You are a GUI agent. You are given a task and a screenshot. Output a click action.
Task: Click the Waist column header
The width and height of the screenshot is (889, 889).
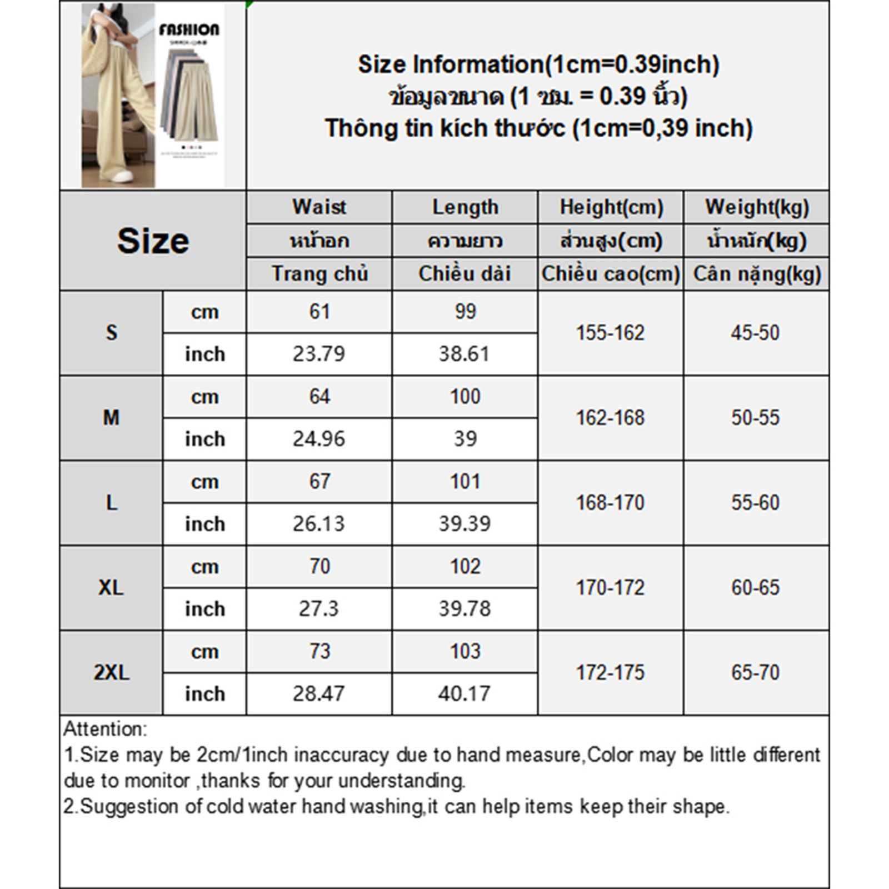tap(319, 207)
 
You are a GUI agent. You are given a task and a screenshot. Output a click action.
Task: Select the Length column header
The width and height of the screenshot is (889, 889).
tap(465, 207)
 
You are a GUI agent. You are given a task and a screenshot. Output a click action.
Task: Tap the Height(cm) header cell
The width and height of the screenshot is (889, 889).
tap(611, 207)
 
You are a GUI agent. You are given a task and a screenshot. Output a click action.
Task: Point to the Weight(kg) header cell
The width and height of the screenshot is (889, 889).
tap(757, 207)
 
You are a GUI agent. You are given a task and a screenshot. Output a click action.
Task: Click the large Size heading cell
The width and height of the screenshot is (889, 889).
tap(153, 241)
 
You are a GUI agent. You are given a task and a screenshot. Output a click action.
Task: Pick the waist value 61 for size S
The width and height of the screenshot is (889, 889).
tap(319, 312)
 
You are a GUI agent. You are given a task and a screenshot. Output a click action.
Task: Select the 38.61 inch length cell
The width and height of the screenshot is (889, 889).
tap(465, 354)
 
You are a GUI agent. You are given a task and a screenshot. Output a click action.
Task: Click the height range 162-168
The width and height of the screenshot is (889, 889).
tap(610, 418)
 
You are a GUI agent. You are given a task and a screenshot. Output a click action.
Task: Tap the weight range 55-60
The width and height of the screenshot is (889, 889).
tap(756, 503)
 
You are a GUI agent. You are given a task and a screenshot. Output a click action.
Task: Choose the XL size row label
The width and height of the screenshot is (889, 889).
tap(111, 588)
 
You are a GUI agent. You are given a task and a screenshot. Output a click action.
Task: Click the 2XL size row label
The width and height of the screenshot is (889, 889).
tap(111, 673)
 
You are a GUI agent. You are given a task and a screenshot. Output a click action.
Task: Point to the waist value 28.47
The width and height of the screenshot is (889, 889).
tap(319, 694)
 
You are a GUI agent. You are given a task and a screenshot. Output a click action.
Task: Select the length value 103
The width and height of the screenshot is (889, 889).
tap(465, 651)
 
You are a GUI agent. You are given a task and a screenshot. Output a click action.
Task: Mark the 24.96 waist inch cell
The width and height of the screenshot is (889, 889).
tap(319, 439)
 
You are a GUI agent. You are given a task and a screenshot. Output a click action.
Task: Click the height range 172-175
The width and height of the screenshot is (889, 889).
tap(610, 673)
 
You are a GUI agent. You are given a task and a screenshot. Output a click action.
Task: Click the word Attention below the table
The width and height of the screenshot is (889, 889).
tap(105, 729)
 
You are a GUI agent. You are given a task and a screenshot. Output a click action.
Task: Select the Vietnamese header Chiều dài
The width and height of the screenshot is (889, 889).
tap(465, 274)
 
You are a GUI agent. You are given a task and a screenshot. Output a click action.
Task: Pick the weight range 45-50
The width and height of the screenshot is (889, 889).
tap(756, 333)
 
